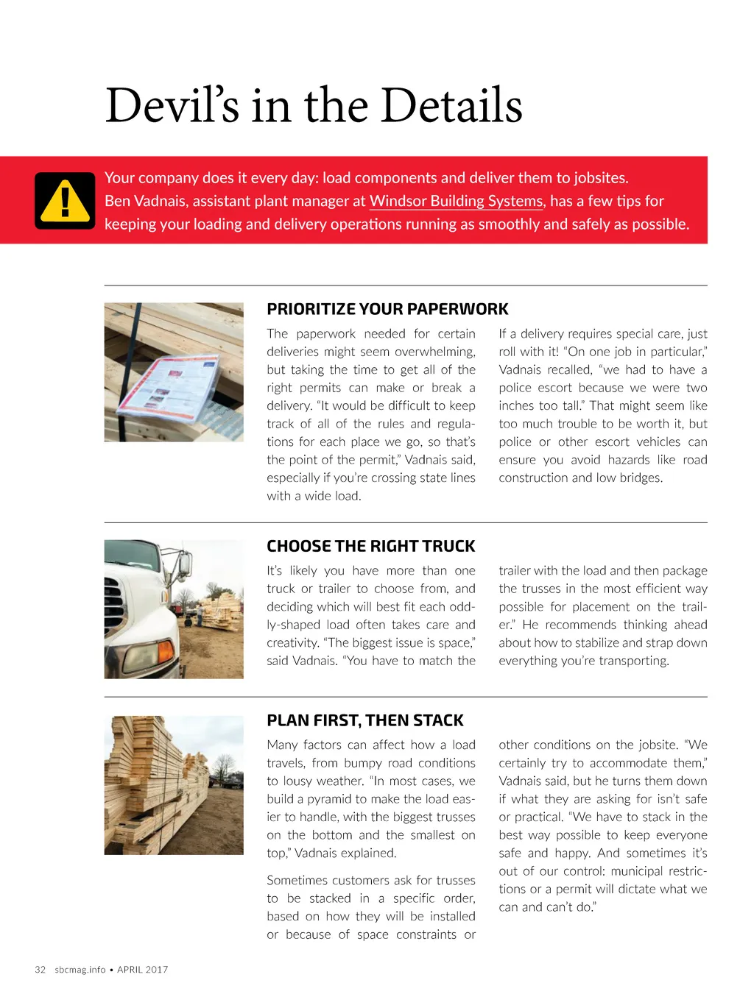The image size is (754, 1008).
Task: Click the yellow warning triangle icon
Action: pos(65,201)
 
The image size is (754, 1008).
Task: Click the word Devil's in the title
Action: pos(172,105)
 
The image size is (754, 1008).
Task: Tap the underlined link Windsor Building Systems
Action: pos(456,201)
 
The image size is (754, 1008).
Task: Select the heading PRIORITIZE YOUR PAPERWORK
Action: pos(387,309)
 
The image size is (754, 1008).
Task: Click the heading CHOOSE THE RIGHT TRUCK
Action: pos(370,546)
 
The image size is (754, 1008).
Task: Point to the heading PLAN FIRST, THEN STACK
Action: pos(365,720)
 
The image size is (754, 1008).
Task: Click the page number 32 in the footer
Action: pos(40,970)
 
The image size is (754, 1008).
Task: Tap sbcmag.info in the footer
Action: pos(80,970)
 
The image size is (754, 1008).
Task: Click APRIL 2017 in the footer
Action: pos(143,970)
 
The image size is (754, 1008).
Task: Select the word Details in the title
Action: pos(451,105)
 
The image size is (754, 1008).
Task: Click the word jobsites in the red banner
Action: pos(602,177)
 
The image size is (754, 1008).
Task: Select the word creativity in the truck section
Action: pos(292,643)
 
